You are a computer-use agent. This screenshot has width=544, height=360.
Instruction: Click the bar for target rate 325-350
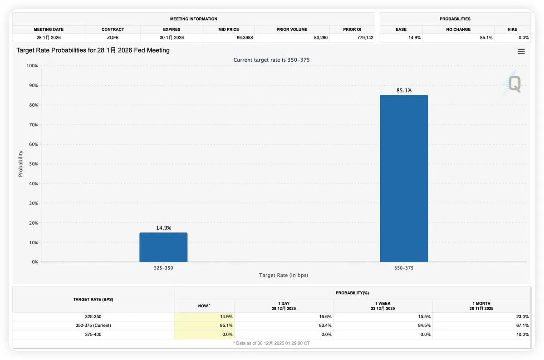coord(163,247)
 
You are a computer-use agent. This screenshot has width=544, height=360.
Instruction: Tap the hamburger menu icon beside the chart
coord(521,51)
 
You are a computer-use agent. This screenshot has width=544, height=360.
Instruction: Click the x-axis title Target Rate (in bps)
coord(284,275)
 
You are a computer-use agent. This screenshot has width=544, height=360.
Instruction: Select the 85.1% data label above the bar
coord(404,90)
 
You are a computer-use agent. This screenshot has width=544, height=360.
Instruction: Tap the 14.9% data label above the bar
coord(163,228)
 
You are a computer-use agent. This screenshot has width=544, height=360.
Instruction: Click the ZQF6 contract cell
coord(113,38)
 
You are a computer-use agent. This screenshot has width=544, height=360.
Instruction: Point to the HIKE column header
coord(512,30)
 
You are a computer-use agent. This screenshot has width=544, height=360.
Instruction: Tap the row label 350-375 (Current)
coord(93,325)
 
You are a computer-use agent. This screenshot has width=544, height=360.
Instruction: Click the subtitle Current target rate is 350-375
coord(271,60)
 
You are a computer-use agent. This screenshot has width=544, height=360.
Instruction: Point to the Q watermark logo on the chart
coord(515,84)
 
